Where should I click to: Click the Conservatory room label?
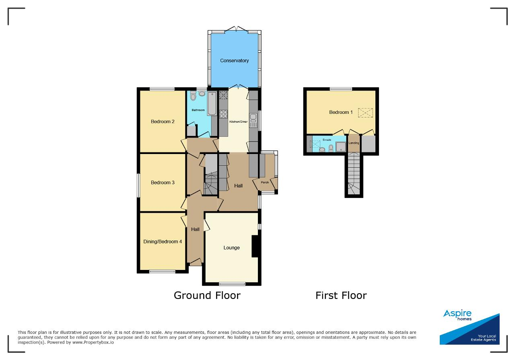tap(234, 61)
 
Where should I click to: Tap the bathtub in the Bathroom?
tap(212, 103)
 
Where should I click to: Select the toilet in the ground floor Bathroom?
tap(193, 96)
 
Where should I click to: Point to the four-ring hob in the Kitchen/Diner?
tap(223, 114)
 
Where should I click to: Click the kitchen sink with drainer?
tap(253, 120)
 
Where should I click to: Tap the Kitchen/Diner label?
tap(239, 121)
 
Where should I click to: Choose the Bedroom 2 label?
tap(163, 121)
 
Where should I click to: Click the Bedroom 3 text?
tap(163, 183)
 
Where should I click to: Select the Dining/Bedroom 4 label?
tap(163, 242)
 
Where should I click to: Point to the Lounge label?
tap(231, 248)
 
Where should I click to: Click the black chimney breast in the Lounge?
tap(255, 246)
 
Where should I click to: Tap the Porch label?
tap(265, 182)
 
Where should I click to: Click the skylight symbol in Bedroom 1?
tap(365, 113)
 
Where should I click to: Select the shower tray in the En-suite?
tap(341, 147)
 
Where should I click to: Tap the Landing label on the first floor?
tap(354, 143)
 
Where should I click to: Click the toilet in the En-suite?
tap(331, 148)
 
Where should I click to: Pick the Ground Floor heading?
tap(207, 295)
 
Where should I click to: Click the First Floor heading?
tap(341, 295)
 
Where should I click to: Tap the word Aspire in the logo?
tap(457, 313)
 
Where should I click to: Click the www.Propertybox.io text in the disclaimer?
tap(93, 343)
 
